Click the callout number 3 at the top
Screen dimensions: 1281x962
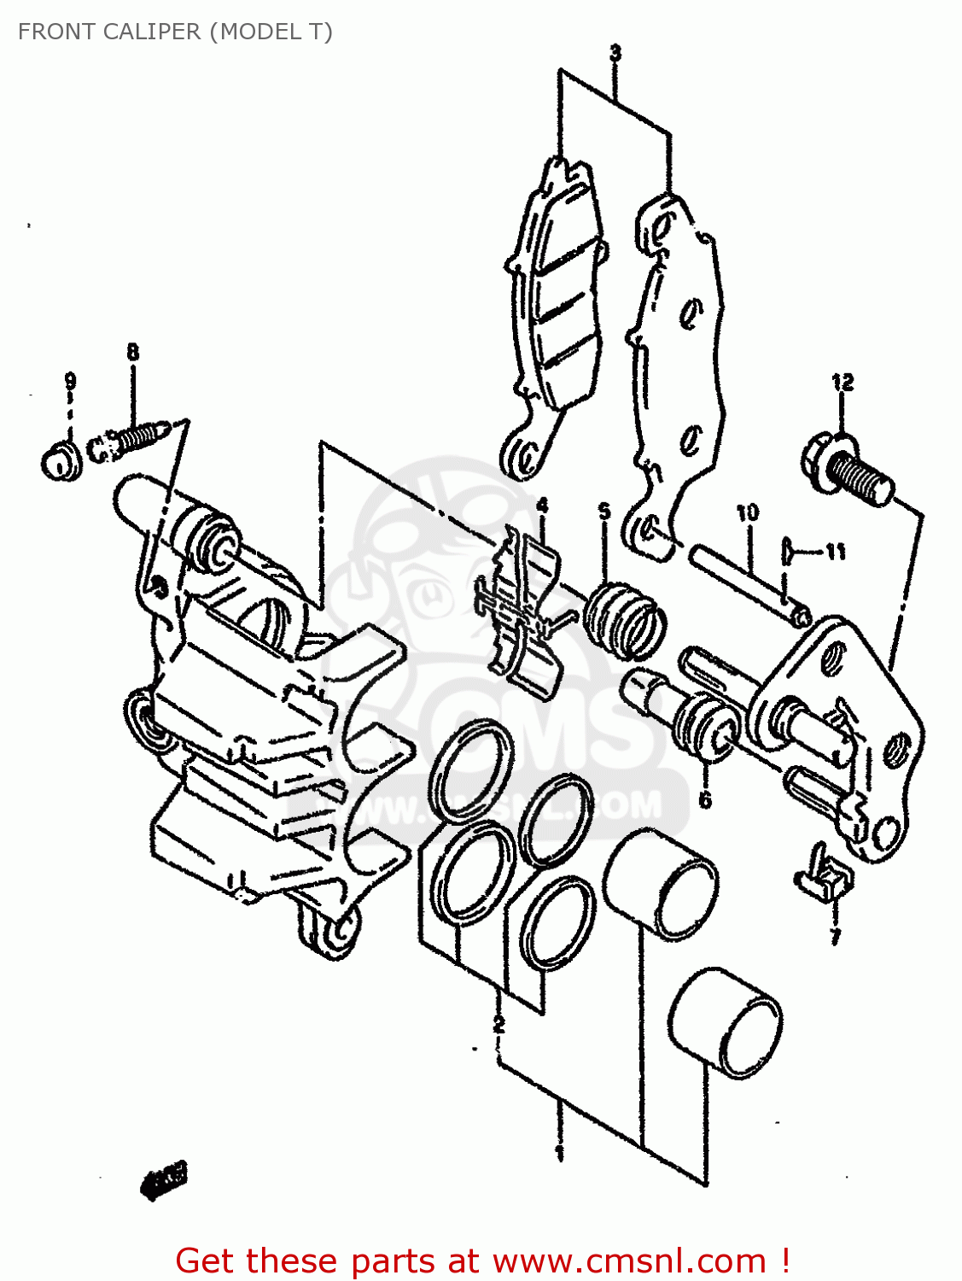click(x=615, y=53)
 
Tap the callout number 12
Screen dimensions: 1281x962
click(x=842, y=382)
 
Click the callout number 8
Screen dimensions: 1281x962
click(x=132, y=351)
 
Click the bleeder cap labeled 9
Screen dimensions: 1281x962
click(x=61, y=461)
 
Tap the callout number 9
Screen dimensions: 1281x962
click(x=70, y=381)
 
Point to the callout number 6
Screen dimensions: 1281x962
click(x=705, y=799)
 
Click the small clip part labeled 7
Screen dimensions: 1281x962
click(x=826, y=877)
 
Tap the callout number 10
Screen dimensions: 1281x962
click(x=747, y=512)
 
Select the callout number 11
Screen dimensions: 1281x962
click(x=835, y=552)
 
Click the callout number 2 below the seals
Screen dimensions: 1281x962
click(x=498, y=1023)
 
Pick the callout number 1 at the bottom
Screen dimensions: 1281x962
click(x=559, y=1154)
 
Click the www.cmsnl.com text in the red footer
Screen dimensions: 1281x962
click(x=630, y=1261)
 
